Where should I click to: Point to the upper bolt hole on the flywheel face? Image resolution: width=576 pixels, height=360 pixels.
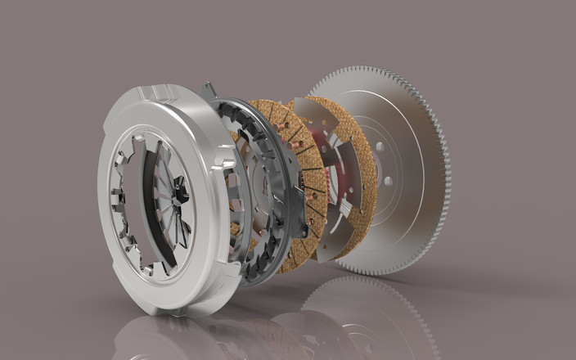click(380, 148)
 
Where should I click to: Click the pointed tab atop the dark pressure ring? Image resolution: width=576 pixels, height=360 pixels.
click(209, 89)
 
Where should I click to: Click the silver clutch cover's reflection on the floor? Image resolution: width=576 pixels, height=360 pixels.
click(164, 335)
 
